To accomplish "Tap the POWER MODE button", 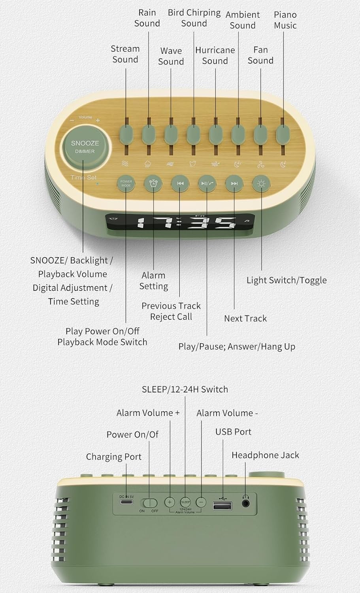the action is click(x=126, y=183).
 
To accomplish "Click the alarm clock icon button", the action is click(x=153, y=183).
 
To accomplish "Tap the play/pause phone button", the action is click(x=207, y=183).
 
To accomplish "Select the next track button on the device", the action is click(x=234, y=183).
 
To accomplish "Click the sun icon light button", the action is click(x=261, y=183).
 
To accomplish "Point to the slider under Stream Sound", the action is click(x=126, y=135).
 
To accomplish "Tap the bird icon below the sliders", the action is click(x=192, y=164).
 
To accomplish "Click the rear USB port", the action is click(x=222, y=505).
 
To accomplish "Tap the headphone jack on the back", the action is click(x=246, y=503).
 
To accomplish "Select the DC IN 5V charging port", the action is click(x=126, y=501).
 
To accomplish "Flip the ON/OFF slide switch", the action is click(x=149, y=503).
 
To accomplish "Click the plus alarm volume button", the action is click(x=170, y=502).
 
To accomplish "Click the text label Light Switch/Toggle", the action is click(x=286, y=280).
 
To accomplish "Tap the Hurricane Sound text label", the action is click(x=215, y=56).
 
